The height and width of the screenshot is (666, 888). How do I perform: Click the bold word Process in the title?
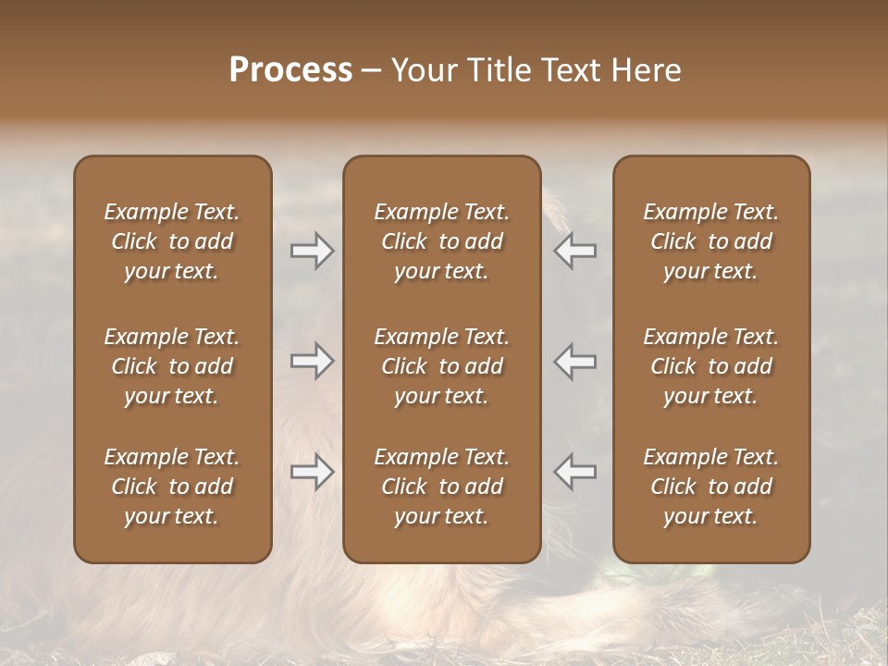[x=290, y=70]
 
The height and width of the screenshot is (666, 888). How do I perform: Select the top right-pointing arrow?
[x=312, y=251]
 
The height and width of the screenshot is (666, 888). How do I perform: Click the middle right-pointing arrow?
[x=312, y=361]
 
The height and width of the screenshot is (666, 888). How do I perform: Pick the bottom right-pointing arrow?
[x=312, y=472]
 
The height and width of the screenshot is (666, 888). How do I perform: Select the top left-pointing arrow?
[x=574, y=251]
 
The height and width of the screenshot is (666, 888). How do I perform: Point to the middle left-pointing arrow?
[x=574, y=361]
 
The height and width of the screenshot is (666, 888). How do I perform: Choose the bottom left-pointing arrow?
[x=574, y=472]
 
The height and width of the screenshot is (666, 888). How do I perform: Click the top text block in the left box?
[x=172, y=241]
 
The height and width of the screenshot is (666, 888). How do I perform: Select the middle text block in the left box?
[x=172, y=366]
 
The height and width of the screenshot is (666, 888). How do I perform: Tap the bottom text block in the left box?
[x=172, y=487]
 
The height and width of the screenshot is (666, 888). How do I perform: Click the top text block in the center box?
[x=441, y=241]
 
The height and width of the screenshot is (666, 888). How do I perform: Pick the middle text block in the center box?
[x=441, y=366]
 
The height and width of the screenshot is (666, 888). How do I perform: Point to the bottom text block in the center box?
[x=441, y=487]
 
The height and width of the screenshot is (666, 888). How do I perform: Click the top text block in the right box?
[x=710, y=241]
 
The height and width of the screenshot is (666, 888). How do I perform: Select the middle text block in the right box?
[x=710, y=366]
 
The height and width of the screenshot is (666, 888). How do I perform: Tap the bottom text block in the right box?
[x=710, y=487]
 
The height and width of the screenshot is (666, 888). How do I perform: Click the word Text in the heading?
[x=571, y=70]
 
